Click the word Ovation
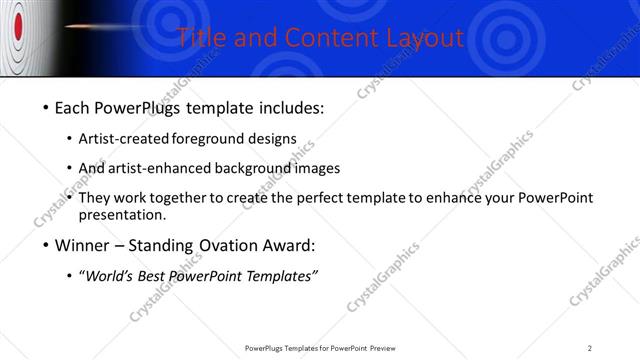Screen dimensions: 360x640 coord(228,245)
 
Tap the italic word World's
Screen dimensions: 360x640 coord(112,276)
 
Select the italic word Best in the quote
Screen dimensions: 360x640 coord(153,276)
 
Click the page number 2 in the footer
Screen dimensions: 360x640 coord(590,348)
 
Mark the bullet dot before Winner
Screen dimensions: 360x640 coord(46,246)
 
